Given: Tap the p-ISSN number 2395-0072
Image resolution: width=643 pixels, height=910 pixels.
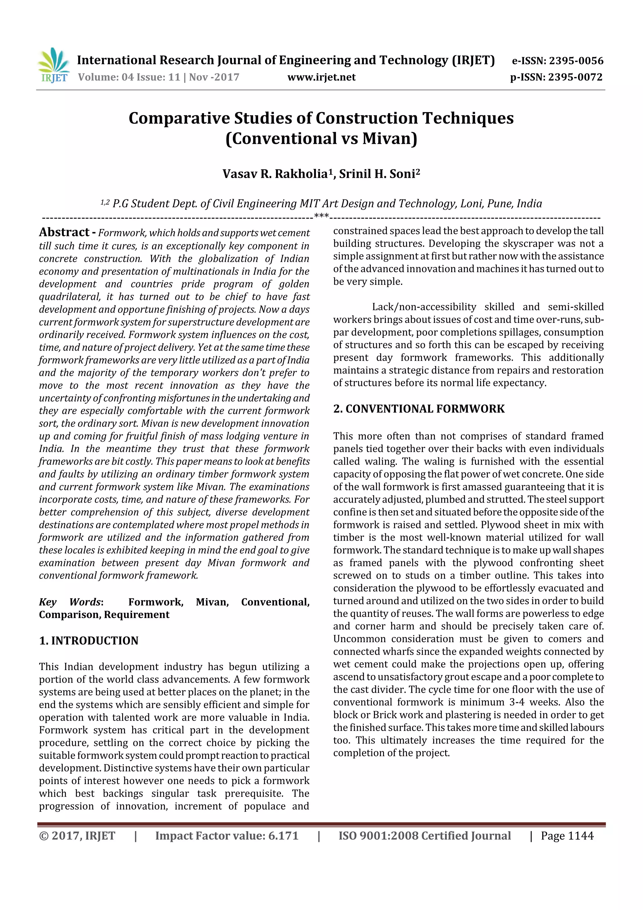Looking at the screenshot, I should click(x=575, y=77).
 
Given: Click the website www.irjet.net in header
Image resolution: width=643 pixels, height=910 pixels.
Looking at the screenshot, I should click(x=321, y=77).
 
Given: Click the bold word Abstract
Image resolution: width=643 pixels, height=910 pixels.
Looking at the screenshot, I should click(x=64, y=232).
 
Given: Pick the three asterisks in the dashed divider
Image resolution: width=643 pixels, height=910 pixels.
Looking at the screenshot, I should click(x=321, y=216).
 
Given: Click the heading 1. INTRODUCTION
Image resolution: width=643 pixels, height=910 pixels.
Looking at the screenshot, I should click(x=89, y=640).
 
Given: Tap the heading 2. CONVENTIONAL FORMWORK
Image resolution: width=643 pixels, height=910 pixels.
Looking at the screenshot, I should click(x=419, y=409).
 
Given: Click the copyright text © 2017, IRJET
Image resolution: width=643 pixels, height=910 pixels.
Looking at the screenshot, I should click(x=77, y=836).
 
